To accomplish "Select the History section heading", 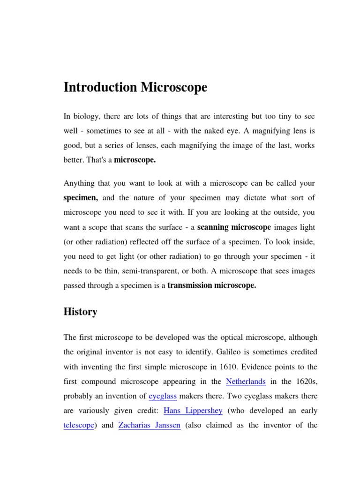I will [x=80, y=312].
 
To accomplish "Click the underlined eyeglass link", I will [x=163, y=396].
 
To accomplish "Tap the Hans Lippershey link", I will [x=193, y=411].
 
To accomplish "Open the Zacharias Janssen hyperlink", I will [x=150, y=426].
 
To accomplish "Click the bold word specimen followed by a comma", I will [x=81, y=198].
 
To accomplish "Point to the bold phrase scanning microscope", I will [x=234, y=227].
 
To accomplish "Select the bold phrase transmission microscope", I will [x=212, y=286].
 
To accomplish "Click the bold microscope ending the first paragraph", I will [x=135, y=160].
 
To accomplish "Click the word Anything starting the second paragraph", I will [x=79, y=183].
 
